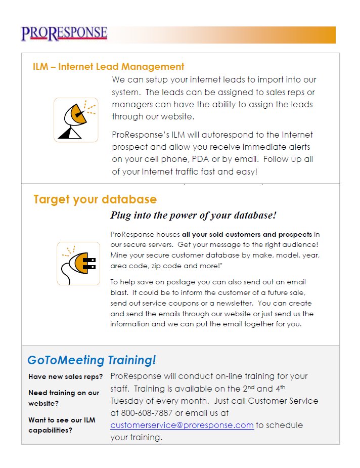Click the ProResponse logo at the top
64,33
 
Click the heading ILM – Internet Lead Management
108,66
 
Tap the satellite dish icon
76,120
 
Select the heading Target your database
95,199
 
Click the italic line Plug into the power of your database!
193,215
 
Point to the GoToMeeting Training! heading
92,360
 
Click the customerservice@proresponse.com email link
182,426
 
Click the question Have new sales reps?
66,377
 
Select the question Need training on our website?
64,398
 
